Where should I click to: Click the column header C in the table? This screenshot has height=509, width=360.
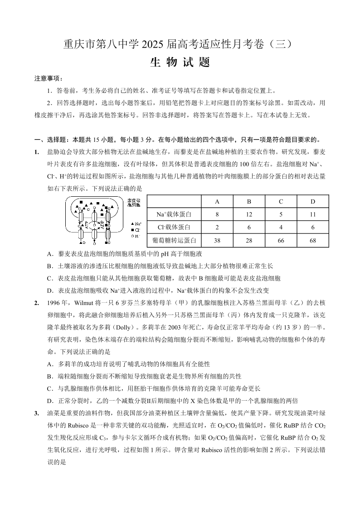[x=281, y=201]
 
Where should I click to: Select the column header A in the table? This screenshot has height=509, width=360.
[x=217, y=201]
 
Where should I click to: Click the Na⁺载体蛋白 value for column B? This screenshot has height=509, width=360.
[x=249, y=214]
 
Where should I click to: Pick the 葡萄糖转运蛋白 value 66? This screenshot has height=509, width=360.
[x=281, y=240]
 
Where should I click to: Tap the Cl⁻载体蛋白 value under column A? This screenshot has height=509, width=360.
[x=217, y=227]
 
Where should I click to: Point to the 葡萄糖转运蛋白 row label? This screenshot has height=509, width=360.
[x=175, y=240]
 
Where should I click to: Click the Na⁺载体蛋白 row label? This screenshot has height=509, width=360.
[x=175, y=214]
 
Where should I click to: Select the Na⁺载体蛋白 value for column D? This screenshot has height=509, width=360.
[x=312, y=214]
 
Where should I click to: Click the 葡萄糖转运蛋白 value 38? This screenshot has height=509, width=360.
[x=217, y=240]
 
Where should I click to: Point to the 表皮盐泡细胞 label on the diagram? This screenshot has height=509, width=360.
[x=135, y=203]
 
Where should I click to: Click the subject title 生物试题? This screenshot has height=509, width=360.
[x=180, y=63]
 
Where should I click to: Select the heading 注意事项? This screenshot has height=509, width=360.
[x=48, y=78]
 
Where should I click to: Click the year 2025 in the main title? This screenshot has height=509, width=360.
[x=153, y=45]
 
